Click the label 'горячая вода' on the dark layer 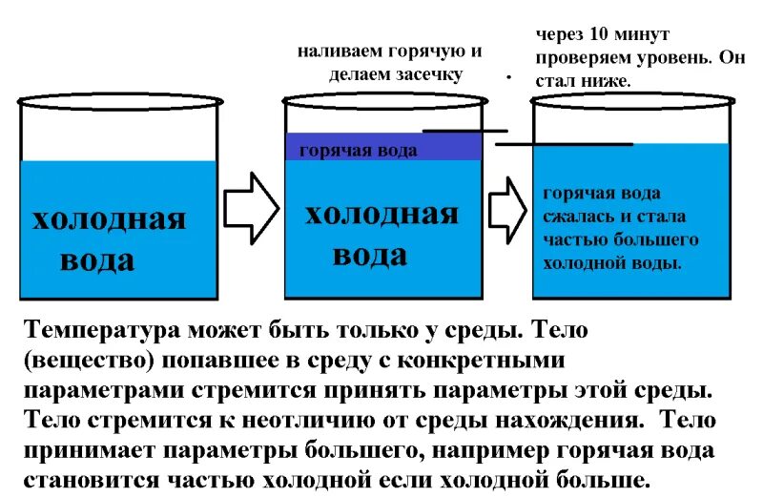click(x=358, y=151)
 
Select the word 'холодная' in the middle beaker click(x=381, y=214)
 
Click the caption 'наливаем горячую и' click(x=389, y=52)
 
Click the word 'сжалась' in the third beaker click(x=576, y=217)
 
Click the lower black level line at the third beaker click(x=564, y=144)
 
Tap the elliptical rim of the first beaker click(x=120, y=100)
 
